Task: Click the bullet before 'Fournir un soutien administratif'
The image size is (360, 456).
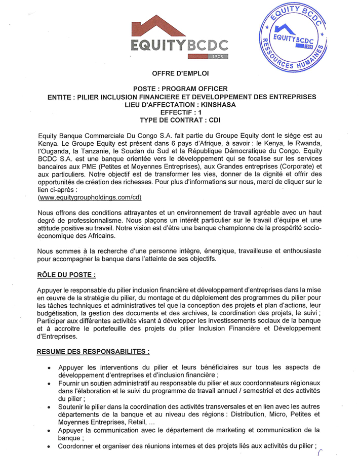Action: (x=49, y=384)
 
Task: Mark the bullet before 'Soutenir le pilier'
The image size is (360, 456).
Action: (x=49, y=407)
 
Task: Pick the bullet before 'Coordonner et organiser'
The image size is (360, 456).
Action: (x=49, y=446)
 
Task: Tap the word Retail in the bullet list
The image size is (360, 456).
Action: (x=135, y=422)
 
